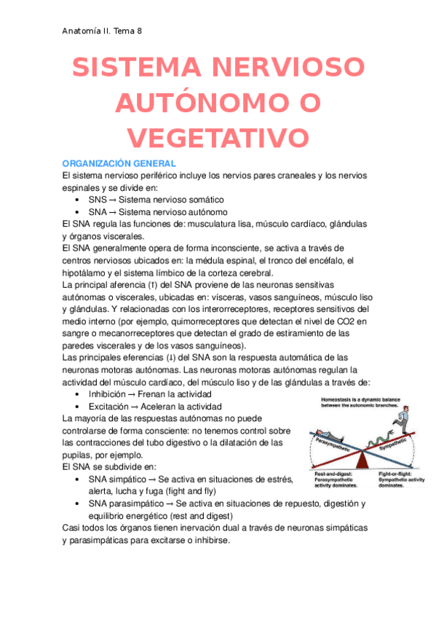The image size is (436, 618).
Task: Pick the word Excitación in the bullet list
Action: click(111, 406)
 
